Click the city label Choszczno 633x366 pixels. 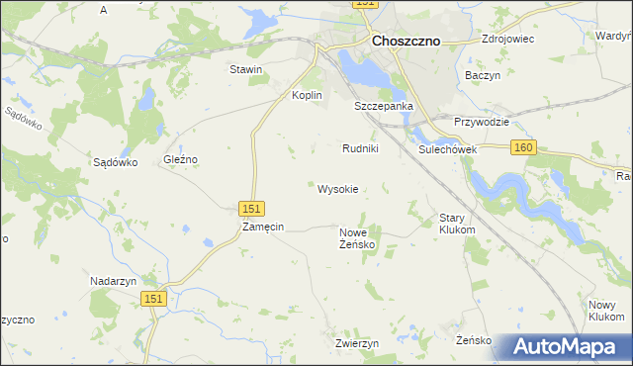click(x=406, y=42)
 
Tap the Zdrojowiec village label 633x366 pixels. click(x=507, y=40)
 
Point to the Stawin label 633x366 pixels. click(x=245, y=69)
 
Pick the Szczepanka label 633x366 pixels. click(x=384, y=105)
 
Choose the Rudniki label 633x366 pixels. click(x=360, y=148)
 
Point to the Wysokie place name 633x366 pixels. click(x=337, y=188)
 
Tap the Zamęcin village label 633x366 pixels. click(x=263, y=227)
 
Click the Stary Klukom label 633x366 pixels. click(x=457, y=223)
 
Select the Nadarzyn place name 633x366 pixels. click(x=112, y=280)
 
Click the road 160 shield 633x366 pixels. click(x=524, y=147)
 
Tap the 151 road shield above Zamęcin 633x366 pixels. click(x=252, y=208)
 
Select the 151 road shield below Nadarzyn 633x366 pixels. click(x=153, y=299)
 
